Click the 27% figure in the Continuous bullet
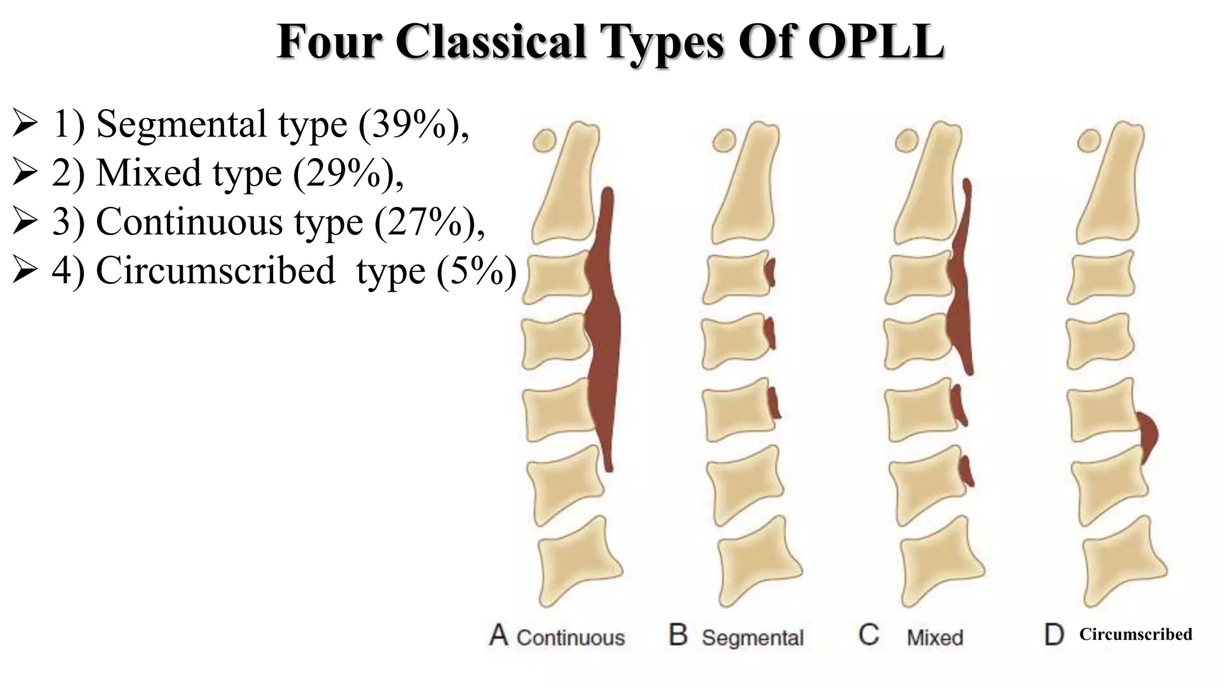tap(426, 222)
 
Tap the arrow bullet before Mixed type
tap(25, 174)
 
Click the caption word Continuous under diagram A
tap(570, 638)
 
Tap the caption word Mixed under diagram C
tap(935, 638)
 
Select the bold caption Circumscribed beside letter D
tap(1135, 634)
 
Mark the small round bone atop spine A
tap(544, 141)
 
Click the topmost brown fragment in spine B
tap(771, 272)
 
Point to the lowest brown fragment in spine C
tap(966, 471)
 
